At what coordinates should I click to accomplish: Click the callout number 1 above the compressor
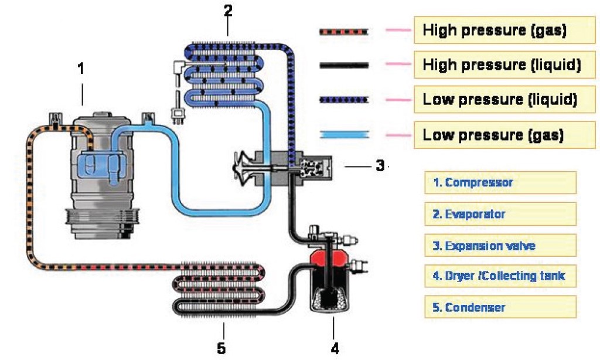coord(81,69)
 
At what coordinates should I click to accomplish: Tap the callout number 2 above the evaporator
coord(229,11)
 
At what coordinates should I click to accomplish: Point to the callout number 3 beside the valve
coord(380,166)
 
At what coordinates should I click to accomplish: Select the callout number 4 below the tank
coord(335,348)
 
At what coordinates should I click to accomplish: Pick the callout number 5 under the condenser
coord(221,348)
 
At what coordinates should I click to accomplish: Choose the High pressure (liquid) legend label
coord(502,66)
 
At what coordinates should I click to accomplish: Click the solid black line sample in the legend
coord(344,66)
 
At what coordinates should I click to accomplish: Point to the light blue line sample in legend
coord(344,135)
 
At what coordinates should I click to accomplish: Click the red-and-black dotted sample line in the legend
coord(344,31)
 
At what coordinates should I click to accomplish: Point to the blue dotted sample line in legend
coord(344,100)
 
